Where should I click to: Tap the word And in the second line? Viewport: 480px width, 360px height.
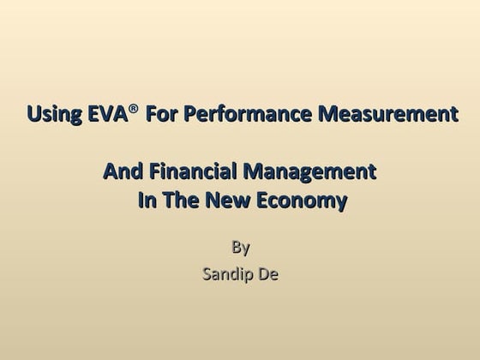point(122,172)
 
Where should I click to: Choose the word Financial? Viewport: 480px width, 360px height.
point(191,172)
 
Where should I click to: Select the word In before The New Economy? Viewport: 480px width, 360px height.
point(147,201)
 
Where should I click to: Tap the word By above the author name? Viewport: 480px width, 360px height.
point(241,249)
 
